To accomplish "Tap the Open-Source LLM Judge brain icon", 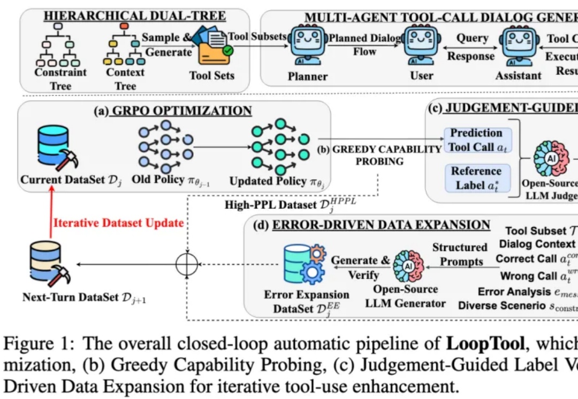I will point(551,159).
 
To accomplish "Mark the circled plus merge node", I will point(187,264).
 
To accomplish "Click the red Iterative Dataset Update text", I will point(118,223).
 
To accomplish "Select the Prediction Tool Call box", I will point(476,140).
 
